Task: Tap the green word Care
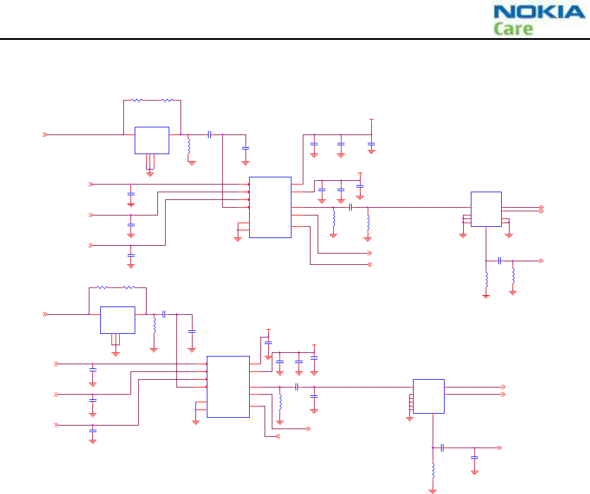coord(513,29)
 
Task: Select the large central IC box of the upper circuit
coord(270,207)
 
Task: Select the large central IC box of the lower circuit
coord(228,387)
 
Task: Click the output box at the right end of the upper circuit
coord(486,209)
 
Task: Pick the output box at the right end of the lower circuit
coord(428,396)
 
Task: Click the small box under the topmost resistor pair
coord(151,140)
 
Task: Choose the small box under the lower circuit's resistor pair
coord(117,320)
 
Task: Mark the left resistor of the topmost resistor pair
coord(137,101)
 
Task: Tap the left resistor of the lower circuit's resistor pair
coord(103,288)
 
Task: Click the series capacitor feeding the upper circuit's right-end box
coord(350,207)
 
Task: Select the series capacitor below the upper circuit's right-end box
coord(499,261)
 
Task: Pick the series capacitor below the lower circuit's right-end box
coord(442,448)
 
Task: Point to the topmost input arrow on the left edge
coord(45,135)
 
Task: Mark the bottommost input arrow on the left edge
coord(57,424)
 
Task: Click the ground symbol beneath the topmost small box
coord(150,173)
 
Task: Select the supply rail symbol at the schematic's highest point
coord(371,120)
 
